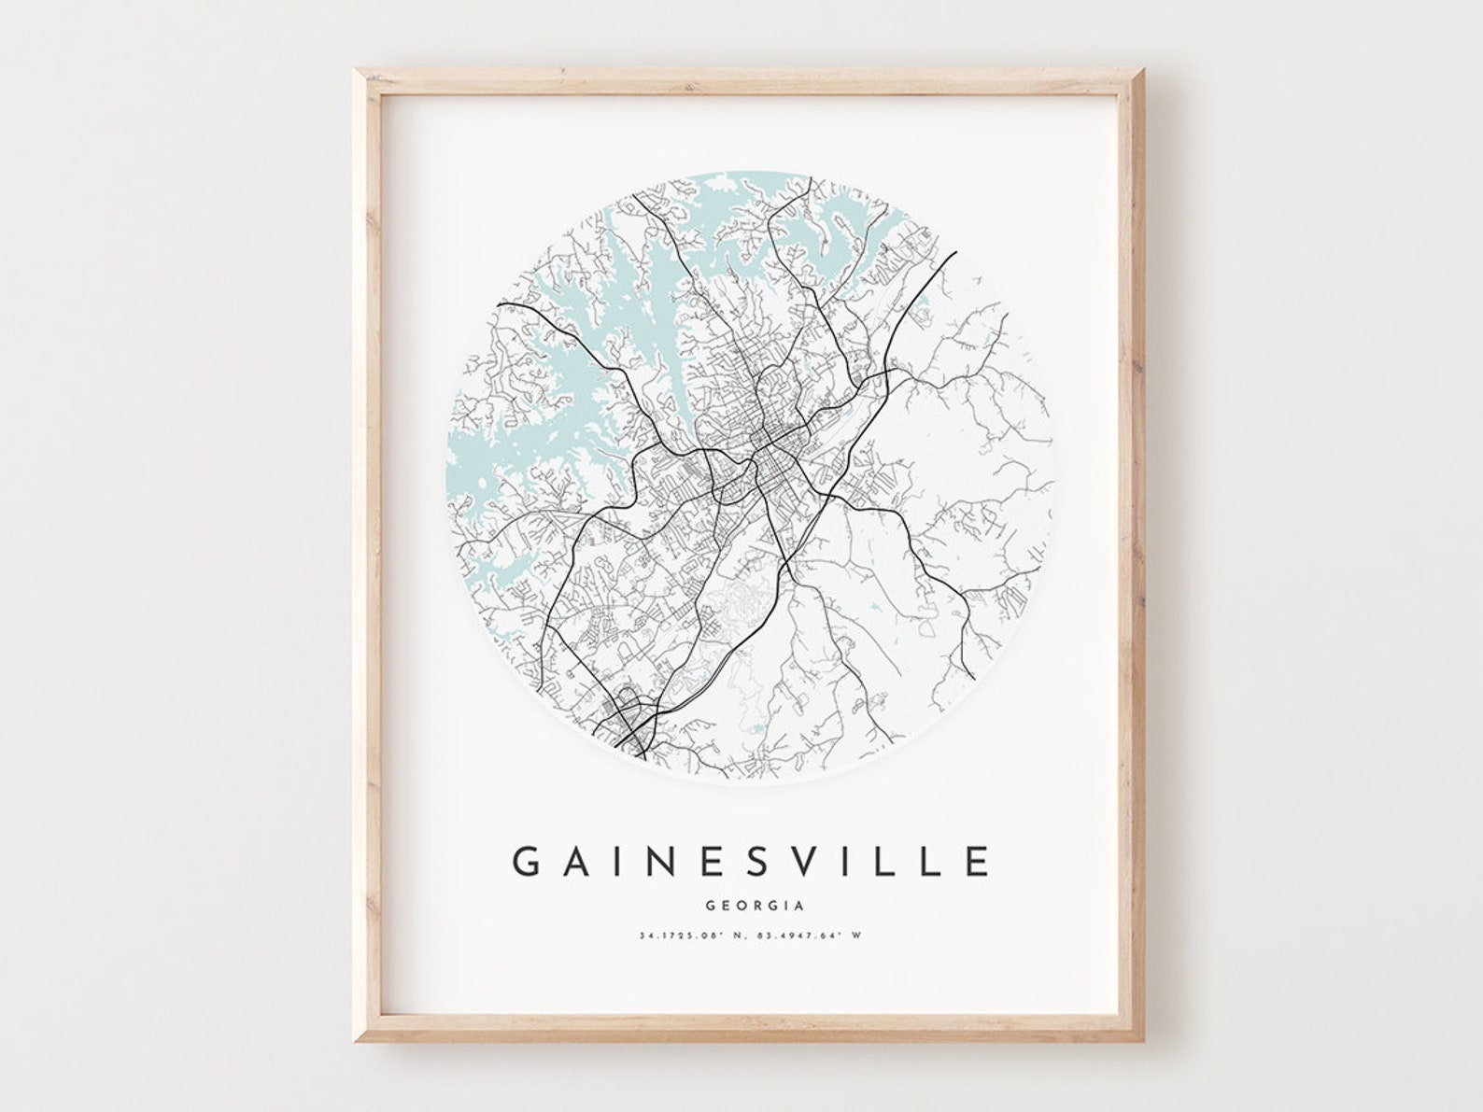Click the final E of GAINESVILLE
tap(978, 861)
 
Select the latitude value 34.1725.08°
tap(681, 935)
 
